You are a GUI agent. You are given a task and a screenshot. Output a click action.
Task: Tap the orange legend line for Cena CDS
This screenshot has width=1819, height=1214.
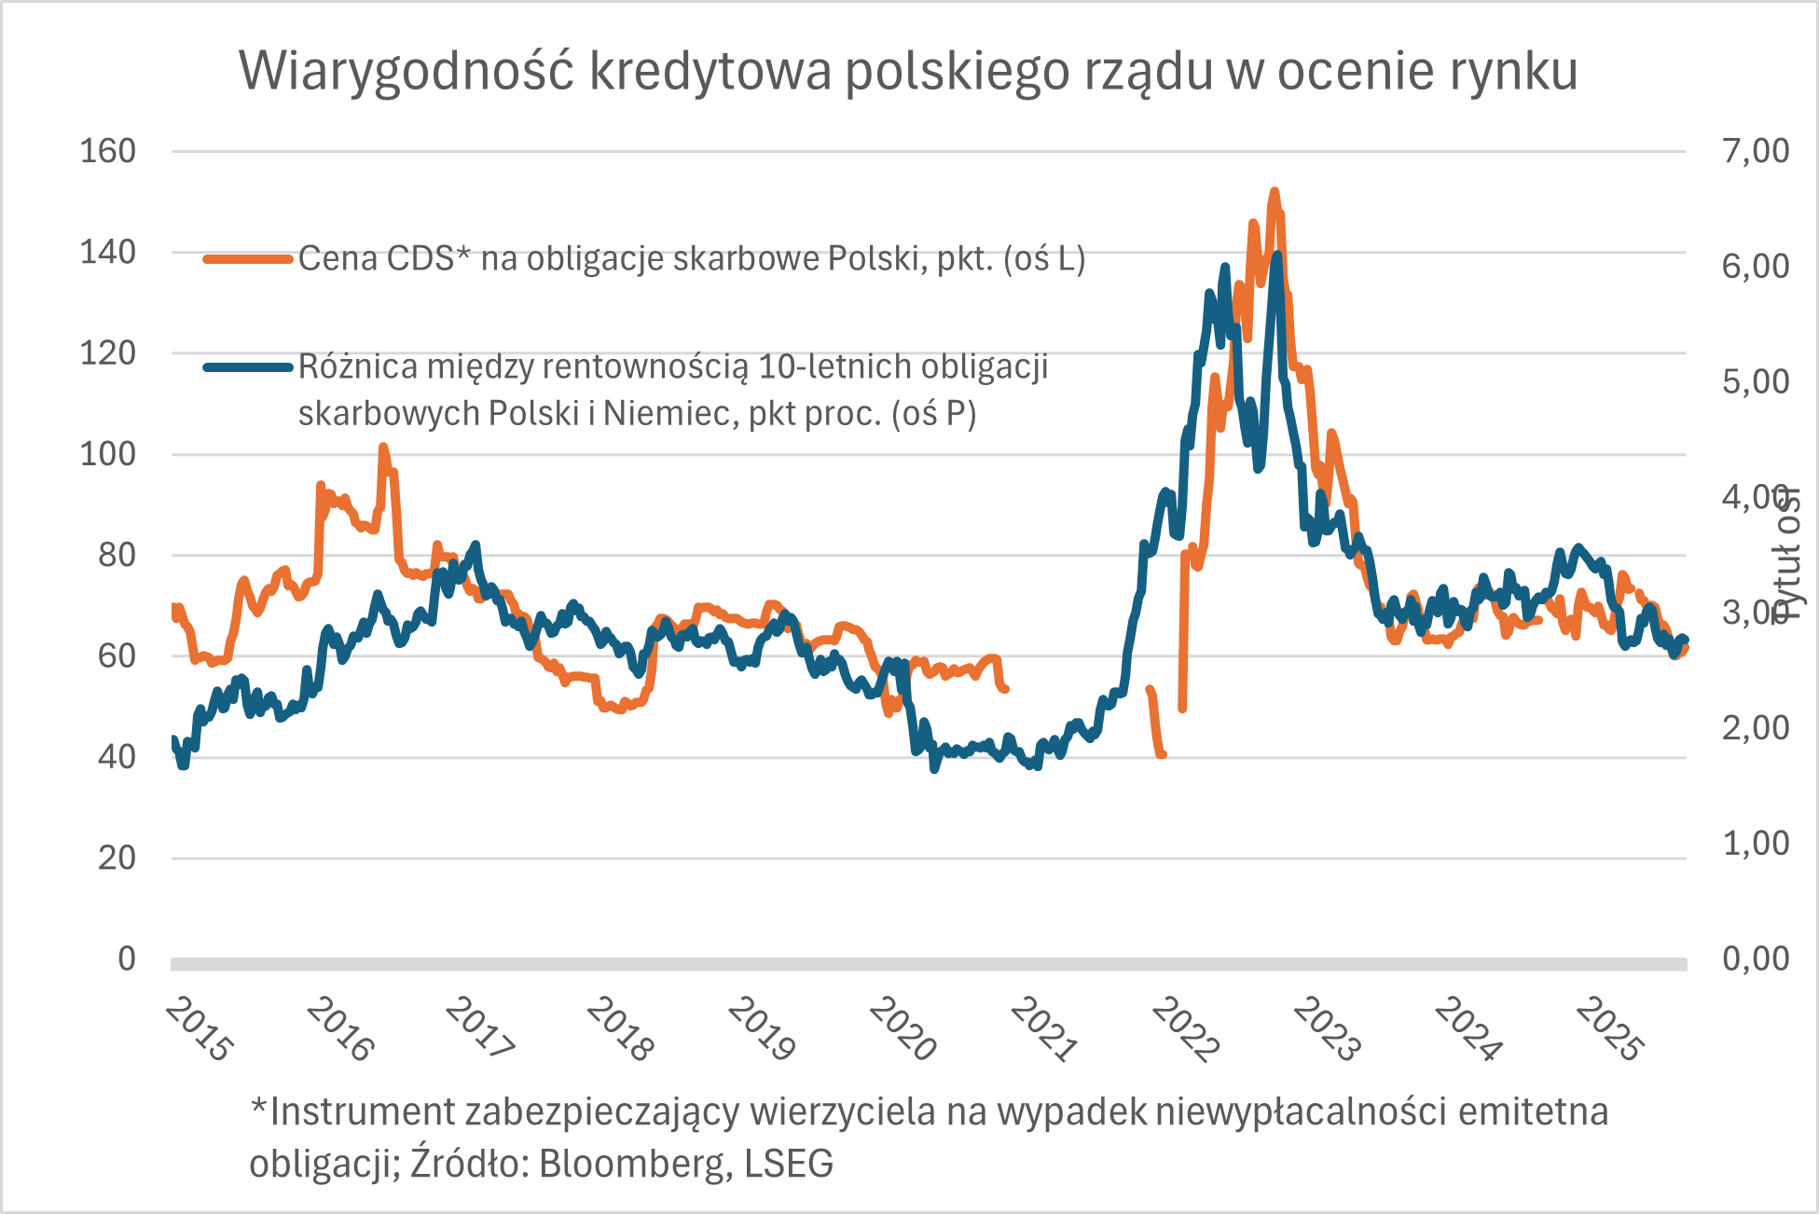point(248,259)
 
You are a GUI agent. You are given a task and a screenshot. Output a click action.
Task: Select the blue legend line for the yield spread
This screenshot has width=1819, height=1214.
point(248,367)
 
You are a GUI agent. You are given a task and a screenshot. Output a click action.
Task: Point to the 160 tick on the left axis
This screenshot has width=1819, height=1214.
point(108,151)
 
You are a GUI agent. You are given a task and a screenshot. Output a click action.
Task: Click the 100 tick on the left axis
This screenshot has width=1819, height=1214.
point(108,454)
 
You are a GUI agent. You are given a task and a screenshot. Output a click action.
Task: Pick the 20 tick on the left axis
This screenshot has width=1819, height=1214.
point(117,858)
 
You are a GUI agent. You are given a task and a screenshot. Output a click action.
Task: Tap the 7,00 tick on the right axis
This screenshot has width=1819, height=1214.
point(1756,151)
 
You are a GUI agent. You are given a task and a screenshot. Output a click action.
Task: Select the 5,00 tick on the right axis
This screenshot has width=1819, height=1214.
point(1756,381)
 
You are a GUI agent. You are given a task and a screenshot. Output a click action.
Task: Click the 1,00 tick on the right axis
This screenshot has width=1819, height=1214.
point(1756,843)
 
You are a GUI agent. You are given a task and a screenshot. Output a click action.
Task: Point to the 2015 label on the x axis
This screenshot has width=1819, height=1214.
point(199,1029)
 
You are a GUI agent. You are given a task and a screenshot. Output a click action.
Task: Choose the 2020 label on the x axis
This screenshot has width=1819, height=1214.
point(903,1029)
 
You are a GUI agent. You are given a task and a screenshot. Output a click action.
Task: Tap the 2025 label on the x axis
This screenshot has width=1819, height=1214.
point(1609,1029)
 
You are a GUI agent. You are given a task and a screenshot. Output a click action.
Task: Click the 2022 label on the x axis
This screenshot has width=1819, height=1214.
point(1185,1029)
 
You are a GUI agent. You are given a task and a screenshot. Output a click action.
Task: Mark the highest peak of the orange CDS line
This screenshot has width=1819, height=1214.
point(1275,192)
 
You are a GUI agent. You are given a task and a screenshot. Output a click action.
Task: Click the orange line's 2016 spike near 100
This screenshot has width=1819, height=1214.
point(383,448)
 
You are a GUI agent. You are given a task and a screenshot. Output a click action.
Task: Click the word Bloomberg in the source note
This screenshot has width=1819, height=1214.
point(635,1164)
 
